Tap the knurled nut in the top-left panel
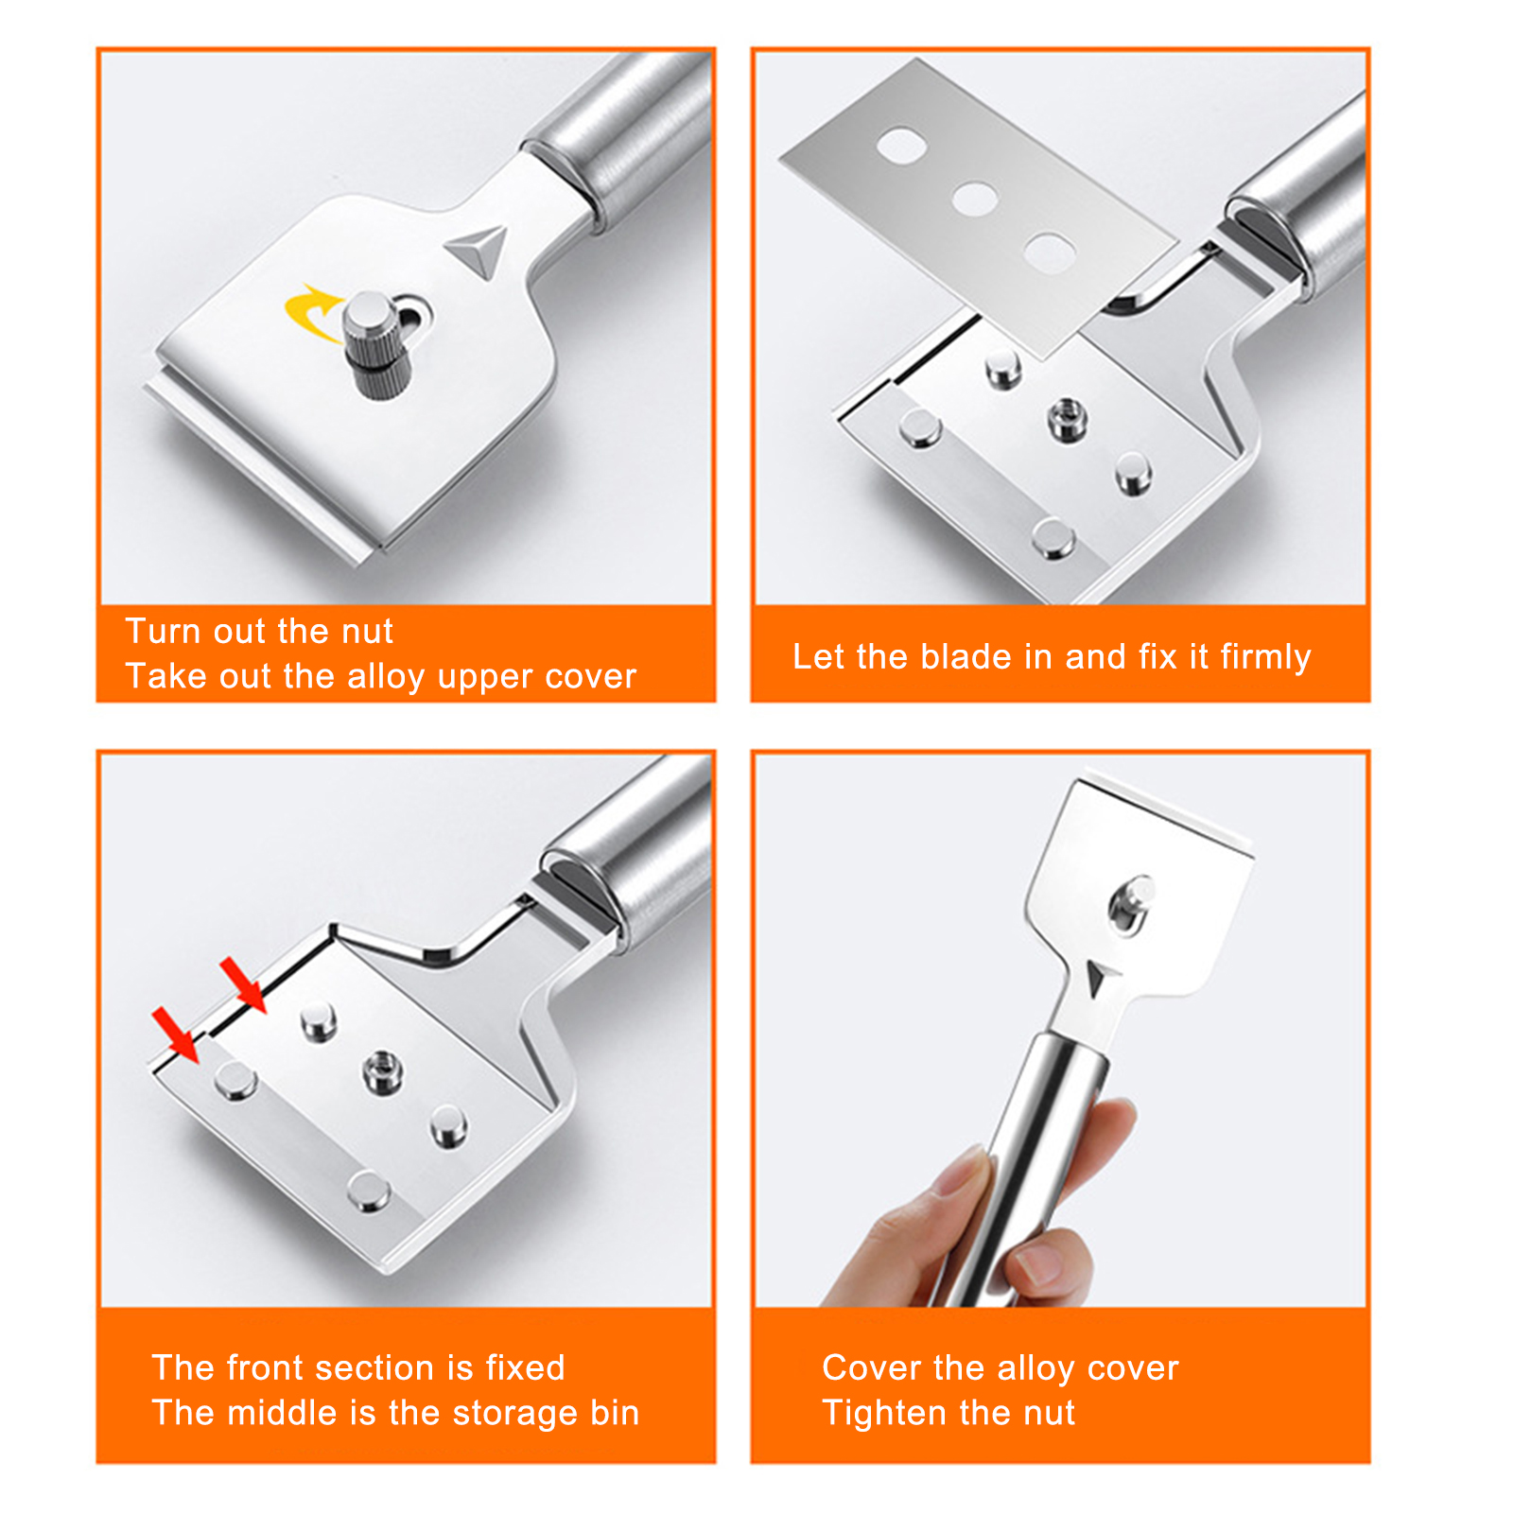point(370,340)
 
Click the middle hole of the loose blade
point(974,200)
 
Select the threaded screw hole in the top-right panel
point(1066,418)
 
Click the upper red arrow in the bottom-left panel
point(243,984)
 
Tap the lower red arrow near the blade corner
point(176,1035)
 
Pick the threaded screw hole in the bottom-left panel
point(383,1071)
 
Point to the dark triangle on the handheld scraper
point(1096,978)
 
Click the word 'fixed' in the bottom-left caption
point(524,1367)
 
